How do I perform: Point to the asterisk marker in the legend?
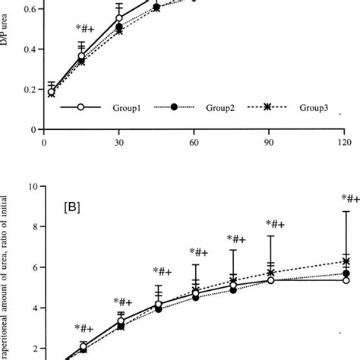[x=267, y=108]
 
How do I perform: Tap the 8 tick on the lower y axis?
[x=33, y=226]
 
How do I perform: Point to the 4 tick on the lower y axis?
[x=33, y=308]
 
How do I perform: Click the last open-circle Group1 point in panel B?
[x=346, y=280]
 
